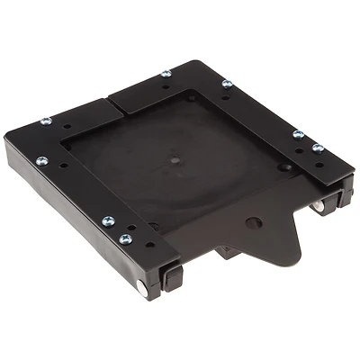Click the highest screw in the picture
[166, 74]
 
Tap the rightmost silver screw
[318, 148]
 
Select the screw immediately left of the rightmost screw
[297, 134]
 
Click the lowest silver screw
[125, 239]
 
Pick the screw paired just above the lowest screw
[108, 220]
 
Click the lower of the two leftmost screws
[41, 161]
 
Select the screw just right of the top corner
[226, 84]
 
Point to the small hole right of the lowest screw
[148, 244]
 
